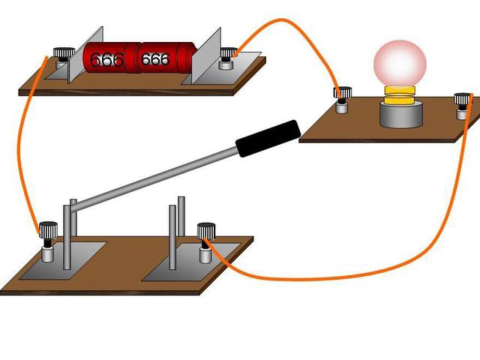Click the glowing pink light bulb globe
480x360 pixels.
(400, 63)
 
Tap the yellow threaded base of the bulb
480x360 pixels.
(400, 94)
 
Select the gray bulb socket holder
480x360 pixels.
(400, 115)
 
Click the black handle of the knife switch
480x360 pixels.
(268, 137)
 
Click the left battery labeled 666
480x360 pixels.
(109, 58)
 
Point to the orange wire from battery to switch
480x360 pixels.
(22, 150)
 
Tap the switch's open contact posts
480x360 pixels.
(176, 232)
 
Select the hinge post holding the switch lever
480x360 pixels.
(69, 232)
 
